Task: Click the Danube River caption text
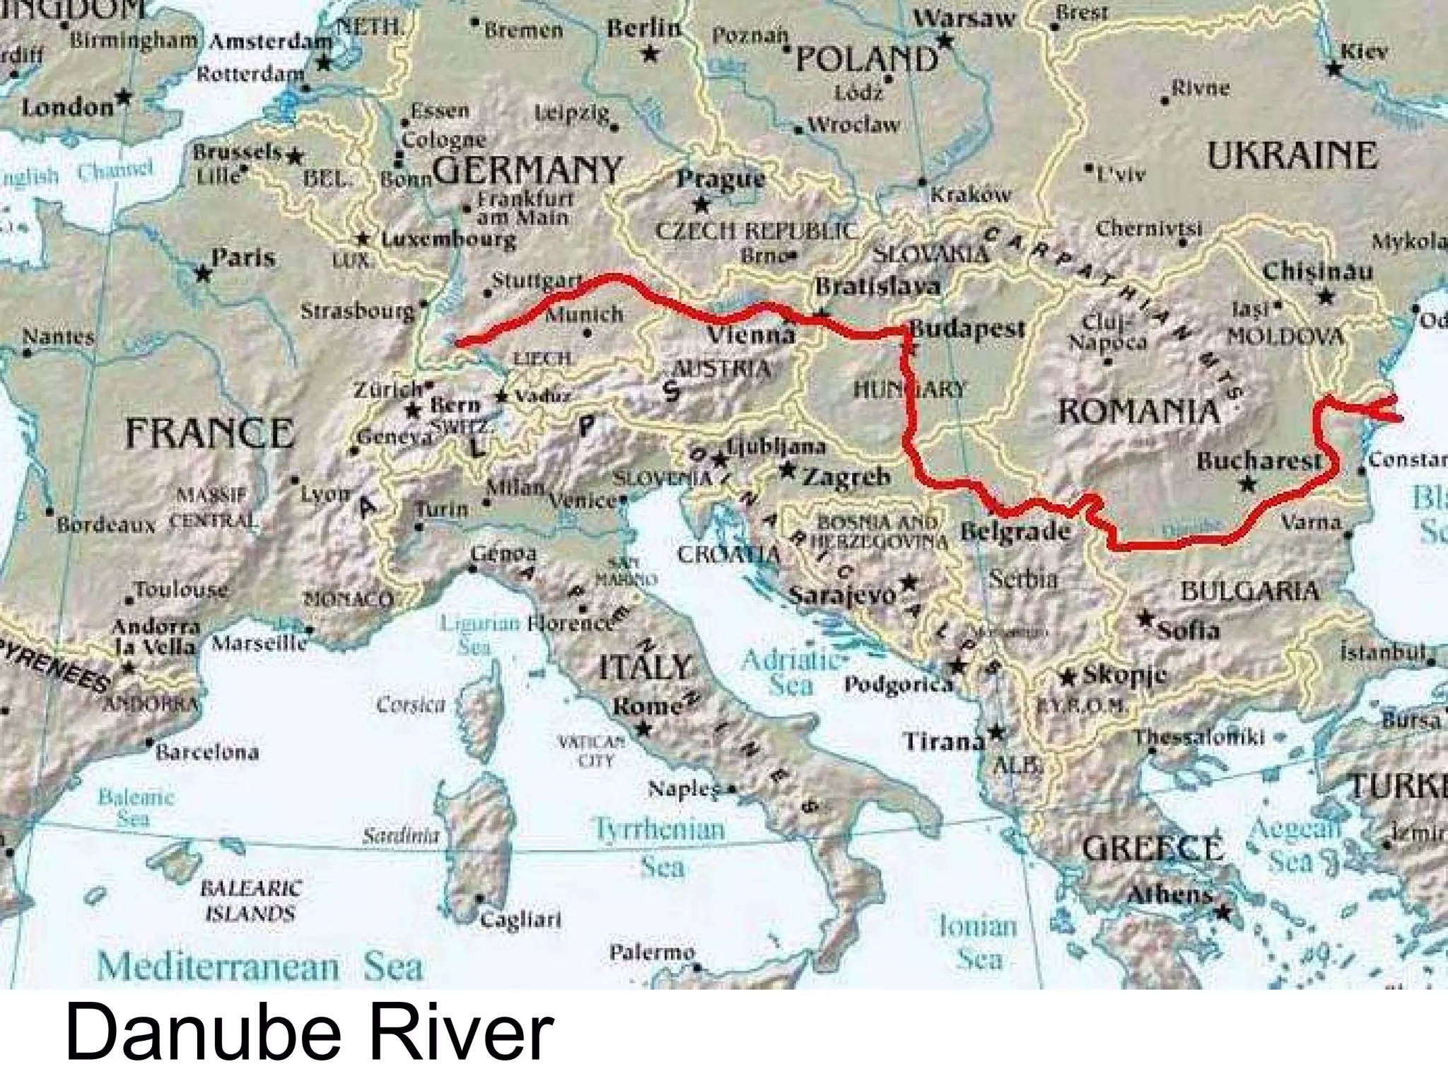click(310, 1034)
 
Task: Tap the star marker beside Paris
click(203, 272)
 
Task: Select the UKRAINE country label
click(1292, 156)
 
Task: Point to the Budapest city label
click(967, 329)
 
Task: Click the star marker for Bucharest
click(1248, 484)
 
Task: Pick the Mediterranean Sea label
click(259, 967)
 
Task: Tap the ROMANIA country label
click(1138, 411)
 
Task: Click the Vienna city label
click(751, 334)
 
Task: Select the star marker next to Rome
click(643, 728)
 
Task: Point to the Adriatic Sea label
click(790, 672)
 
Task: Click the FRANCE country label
click(209, 433)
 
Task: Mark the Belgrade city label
click(1015, 531)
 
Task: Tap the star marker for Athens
click(1222, 913)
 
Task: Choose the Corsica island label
click(411, 705)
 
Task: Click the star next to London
click(124, 95)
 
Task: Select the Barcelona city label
click(207, 752)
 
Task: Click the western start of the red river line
click(459, 344)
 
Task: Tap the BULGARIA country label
click(1249, 591)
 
